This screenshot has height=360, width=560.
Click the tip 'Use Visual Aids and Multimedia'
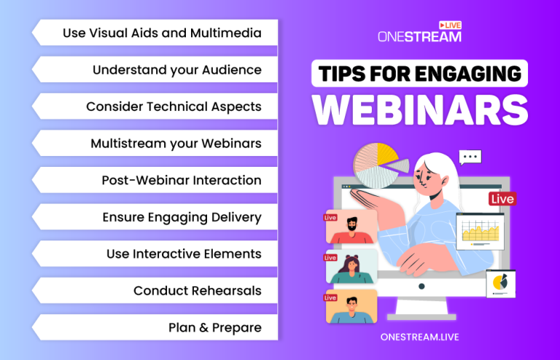[x=161, y=33]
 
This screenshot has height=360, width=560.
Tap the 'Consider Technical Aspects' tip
[x=174, y=106]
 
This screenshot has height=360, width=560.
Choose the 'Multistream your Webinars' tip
[x=176, y=144]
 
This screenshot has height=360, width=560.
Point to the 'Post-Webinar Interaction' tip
[x=182, y=180]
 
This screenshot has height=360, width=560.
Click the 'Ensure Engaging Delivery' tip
[x=182, y=217]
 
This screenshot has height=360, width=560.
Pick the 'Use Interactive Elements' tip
[x=184, y=254]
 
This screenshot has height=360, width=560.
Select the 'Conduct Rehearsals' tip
[x=197, y=291]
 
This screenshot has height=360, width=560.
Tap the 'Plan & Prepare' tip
[x=214, y=327]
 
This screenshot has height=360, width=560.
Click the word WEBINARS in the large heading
[x=420, y=110]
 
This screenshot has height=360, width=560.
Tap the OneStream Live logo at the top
[x=420, y=33]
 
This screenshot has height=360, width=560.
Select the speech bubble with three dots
[x=470, y=157]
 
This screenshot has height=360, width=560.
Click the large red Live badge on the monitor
[x=502, y=199]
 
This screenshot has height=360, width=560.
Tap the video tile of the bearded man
[x=351, y=227]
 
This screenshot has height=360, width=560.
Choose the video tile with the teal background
[x=351, y=267]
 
